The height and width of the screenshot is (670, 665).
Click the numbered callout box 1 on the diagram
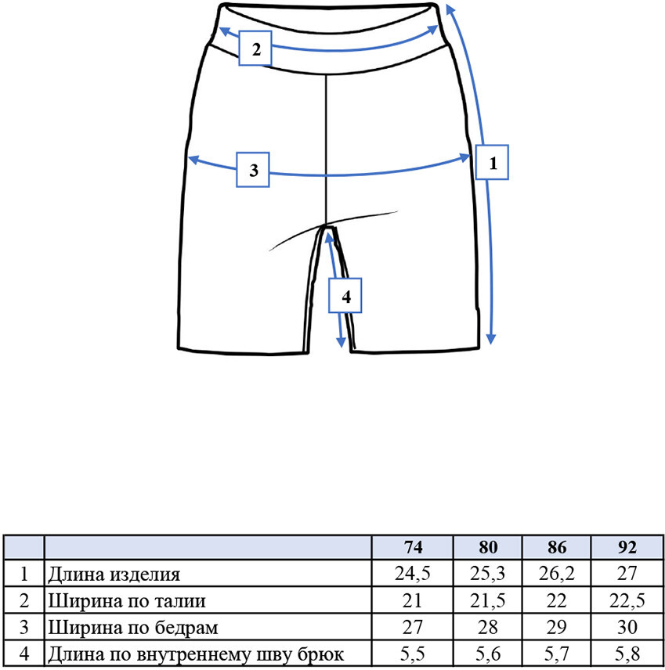coord(492,162)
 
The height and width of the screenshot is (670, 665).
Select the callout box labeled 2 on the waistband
coord(255,49)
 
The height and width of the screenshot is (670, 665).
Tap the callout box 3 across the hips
coord(253,170)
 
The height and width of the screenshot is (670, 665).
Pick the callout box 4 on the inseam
coord(345,296)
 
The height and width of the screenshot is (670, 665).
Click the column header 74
coord(413,547)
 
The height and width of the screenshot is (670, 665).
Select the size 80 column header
coord(488,547)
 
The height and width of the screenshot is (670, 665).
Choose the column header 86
coord(557,547)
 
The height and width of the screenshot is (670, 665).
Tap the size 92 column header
coord(627,547)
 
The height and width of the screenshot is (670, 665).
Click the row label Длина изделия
coord(114,575)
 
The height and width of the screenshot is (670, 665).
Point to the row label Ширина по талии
coord(127,601)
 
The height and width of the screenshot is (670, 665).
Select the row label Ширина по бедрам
coord(133,628)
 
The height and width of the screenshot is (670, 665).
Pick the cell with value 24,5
coord(412,574)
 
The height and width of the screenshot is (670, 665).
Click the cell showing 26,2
coord(556,574)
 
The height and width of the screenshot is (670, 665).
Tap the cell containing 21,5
coord(487,601)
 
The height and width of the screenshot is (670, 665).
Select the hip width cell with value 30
coord(627,627)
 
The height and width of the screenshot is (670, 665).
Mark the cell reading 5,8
coord(627,654)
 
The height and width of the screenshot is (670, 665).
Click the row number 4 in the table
coord(24,654)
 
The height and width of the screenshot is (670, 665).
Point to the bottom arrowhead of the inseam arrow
coord(341,342)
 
